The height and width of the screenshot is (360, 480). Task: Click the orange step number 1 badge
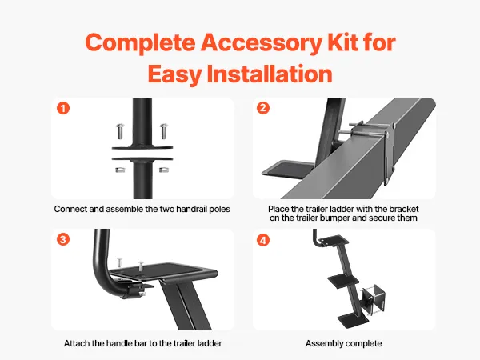click(x=63, y=108)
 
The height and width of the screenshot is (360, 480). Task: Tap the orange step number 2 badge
click(x=263, y=108)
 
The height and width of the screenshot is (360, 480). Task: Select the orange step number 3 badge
click(x=63, y=239)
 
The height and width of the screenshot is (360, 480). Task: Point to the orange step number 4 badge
click(x=263, y=240)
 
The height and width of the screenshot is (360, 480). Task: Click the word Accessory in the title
click(x=261, y=42)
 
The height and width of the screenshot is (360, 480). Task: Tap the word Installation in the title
click(x=270, y=74)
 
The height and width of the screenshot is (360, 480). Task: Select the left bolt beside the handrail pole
click(x=120, y=131)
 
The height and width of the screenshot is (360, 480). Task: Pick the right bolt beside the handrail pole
click(x=164, y=130)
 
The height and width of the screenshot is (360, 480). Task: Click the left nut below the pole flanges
click(x=120, y=170)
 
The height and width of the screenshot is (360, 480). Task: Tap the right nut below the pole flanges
click(x=164, y=170)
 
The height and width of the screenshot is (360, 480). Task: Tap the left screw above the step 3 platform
click(x=119, y=263)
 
